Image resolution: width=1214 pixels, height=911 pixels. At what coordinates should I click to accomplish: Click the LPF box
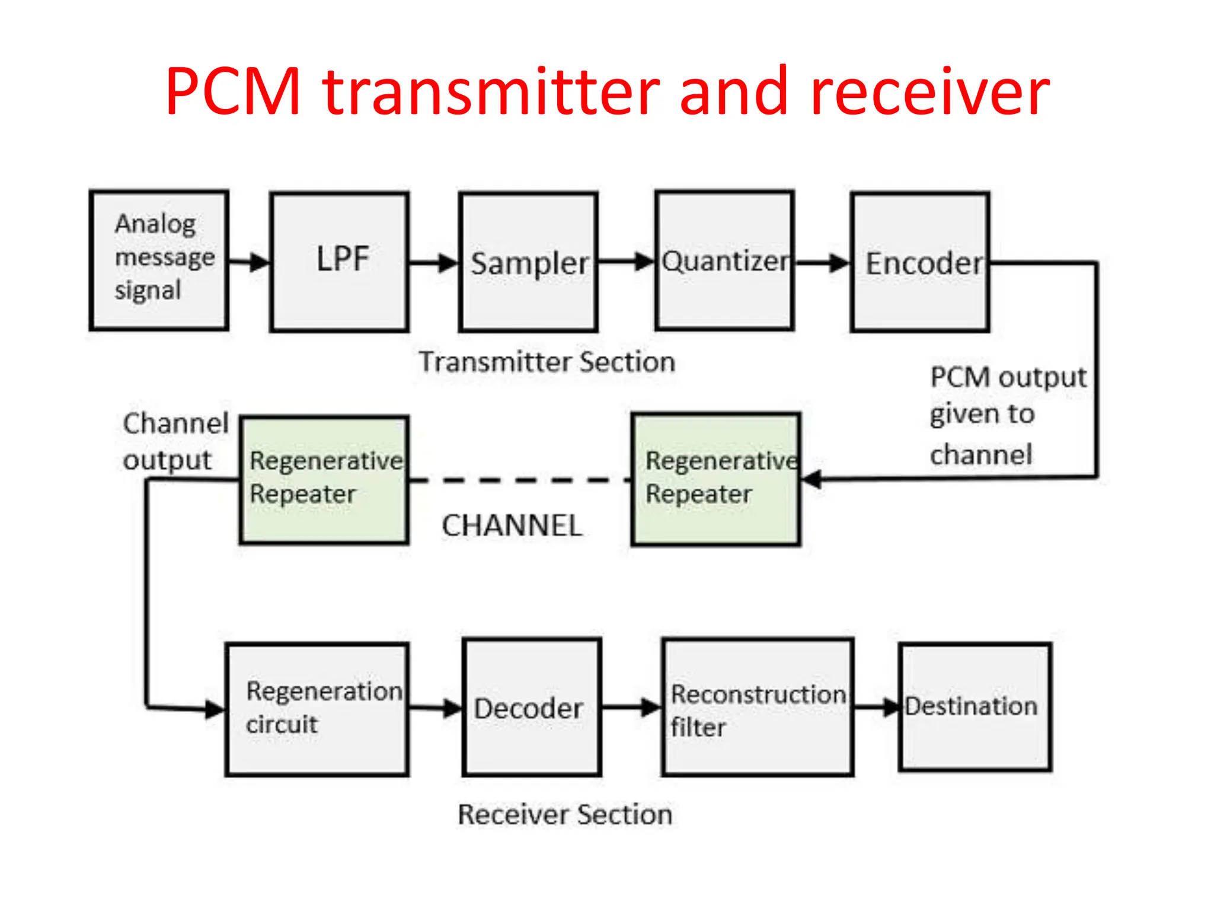pos(339,261)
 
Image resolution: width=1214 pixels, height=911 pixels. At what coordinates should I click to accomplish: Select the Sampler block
pos(528,262)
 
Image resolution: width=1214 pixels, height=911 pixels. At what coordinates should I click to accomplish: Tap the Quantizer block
pos(724,260)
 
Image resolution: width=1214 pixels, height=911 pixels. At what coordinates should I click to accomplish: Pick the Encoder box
pos(920,262)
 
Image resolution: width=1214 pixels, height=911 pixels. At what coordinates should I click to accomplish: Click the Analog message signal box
pos(159,260)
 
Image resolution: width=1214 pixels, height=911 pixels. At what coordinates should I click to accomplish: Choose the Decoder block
pos(532,707)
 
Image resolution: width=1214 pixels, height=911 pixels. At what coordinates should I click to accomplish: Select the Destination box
pos(975,706)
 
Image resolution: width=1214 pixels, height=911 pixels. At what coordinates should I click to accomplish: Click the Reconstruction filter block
pos(758,707)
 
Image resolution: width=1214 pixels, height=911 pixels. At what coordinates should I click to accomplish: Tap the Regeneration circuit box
pos(317,709)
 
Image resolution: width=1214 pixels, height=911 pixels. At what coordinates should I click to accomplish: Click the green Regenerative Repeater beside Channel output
pos(324,479)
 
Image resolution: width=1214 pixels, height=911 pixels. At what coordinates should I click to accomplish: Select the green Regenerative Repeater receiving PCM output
pos(715,479)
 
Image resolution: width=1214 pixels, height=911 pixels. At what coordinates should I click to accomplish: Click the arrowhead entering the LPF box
pos(260,262)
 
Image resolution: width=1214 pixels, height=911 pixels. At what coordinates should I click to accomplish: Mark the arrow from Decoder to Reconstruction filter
pos(631,707)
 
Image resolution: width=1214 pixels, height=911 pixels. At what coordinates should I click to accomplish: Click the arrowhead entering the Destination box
pos(891,707)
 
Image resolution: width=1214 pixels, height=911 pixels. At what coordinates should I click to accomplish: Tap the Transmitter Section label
pos(547,362)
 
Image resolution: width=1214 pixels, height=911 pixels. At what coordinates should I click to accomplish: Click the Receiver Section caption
pos(565,814)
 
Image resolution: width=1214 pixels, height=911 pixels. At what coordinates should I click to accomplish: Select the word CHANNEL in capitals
pos(512,525)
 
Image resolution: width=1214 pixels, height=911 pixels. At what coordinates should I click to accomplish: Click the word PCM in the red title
pos(233,92)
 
